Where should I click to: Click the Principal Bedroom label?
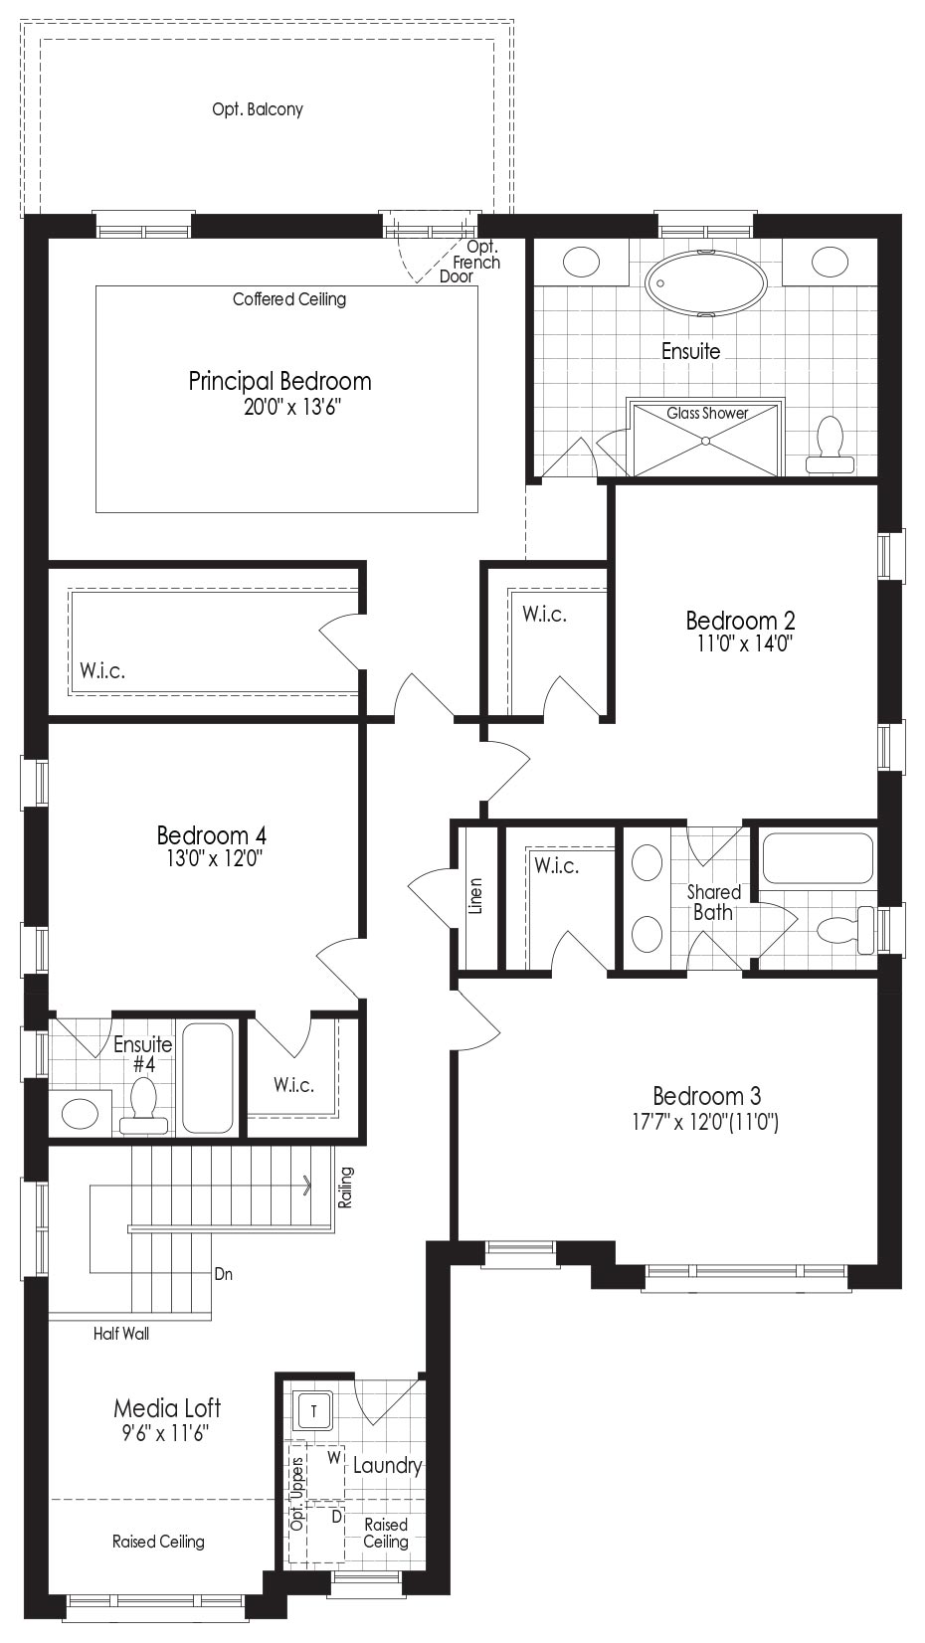[x=279, y=382]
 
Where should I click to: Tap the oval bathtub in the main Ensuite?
[x=705, y=283]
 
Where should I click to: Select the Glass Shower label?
[x=707, y=413]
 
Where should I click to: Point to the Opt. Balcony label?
[x=258, y=109]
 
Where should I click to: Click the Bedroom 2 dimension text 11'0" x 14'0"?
[x=745, y=643]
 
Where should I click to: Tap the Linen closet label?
[x=476, y=895]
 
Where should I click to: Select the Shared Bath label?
[x=713, y=902]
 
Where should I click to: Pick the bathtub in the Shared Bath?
[x=818, y=857]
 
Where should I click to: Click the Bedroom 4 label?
[x=211, y=834]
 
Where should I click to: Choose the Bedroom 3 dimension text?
[x=705, y=1122]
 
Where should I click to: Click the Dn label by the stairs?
[x=223, y=1274]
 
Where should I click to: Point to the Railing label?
[x=345, y=1187]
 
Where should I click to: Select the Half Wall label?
[x=121, y=1334]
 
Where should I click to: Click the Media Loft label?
[x=166, y=1407]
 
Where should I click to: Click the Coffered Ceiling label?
[x=289, y=299]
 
